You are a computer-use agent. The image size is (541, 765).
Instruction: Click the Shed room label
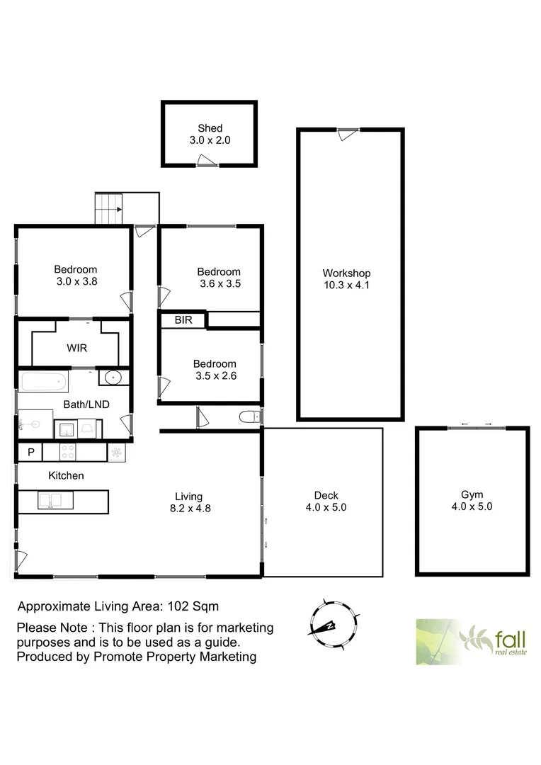click(210, 134)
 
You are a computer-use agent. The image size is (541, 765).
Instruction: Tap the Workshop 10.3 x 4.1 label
click(346, 279)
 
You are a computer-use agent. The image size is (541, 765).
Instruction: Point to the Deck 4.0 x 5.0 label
click(326, 501)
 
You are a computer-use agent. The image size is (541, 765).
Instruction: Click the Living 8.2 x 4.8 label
click(189, 501)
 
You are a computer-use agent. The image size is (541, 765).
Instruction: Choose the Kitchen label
click(66, 475)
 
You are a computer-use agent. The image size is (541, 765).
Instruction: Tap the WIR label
click(77, 348)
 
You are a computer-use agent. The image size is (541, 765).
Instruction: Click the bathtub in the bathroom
click(44, 382)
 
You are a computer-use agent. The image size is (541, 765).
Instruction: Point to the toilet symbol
click(249, 416)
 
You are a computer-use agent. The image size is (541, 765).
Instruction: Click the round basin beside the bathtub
click(112, 378)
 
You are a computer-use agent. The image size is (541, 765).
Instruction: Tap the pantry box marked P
click(30, 452)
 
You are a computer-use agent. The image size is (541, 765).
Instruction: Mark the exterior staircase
click(108, 208)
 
